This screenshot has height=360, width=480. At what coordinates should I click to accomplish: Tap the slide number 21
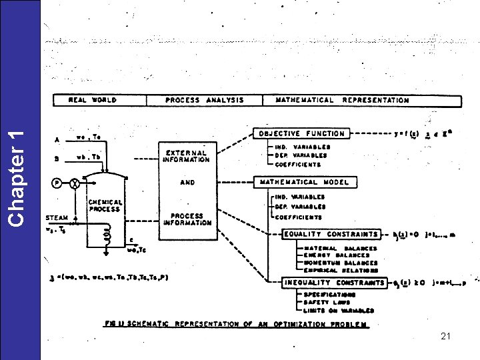coord(446,337)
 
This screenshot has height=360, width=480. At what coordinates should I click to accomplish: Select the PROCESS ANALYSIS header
coord(204,100)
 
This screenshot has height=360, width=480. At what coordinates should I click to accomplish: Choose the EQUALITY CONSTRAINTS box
coord(331,234)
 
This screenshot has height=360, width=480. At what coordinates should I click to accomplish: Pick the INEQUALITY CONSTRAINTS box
coord(334,283)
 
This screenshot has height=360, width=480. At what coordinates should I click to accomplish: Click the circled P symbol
coord(58,182)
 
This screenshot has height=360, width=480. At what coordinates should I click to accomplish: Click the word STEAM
coord(56,217)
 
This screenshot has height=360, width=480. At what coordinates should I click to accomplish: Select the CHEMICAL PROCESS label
coord(105,205)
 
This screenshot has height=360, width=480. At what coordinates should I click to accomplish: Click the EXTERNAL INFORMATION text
coord(187,155)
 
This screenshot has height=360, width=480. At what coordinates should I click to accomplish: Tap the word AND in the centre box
coord(187,181)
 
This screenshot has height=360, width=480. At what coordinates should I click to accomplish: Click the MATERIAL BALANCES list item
coord(340,249)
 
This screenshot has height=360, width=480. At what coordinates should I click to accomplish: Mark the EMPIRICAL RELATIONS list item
coord(341,270)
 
